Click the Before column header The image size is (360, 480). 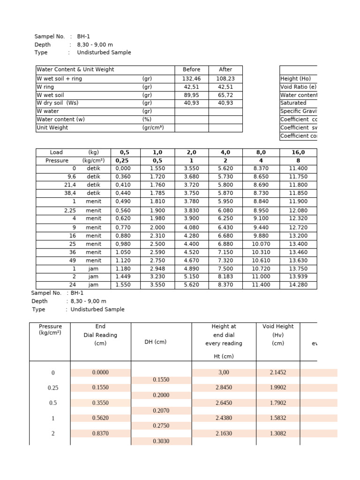click(x=191, y=69)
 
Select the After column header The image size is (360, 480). click(x=225, y=69)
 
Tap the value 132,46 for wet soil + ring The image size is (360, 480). click(x=191, y=79)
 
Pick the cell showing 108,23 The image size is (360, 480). click(x=225, y=79)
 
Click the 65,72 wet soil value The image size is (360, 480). click(x=225, y=95)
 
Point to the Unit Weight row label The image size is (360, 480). click(x=52, y=127)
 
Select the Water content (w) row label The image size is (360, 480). click(x=60, y=120)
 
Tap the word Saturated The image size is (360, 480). click(x=293, y=103)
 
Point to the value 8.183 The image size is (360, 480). click(x=225, y=277)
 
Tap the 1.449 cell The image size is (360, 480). click(x=123, y=277)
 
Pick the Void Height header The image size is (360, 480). click(x=278, y=326)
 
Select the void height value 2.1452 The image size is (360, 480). click(x=278, y=372)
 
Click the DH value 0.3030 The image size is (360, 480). click(x=161, y=441)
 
